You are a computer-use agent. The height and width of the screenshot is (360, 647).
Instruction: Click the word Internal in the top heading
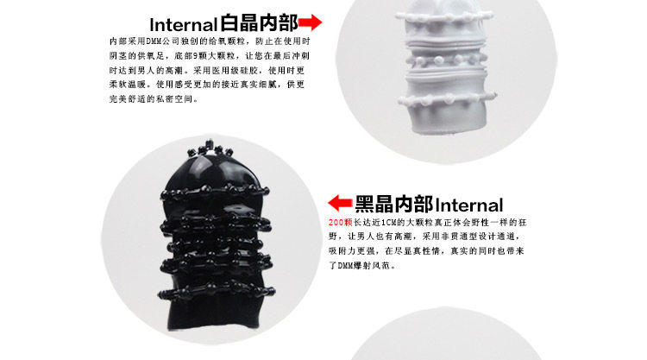[183, 25]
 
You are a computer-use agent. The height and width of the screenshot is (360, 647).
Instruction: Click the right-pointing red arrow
[310, 22]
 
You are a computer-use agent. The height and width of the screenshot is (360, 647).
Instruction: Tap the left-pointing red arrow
[340, 203]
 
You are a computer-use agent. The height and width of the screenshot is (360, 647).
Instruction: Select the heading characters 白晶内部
[259, 22]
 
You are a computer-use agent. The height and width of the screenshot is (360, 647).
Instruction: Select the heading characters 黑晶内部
[393, 204]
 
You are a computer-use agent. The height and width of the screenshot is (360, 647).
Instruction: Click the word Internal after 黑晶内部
[468, 205]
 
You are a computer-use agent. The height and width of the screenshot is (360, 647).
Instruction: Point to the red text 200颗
[341, 223]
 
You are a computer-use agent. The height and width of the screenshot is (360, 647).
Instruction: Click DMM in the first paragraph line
[154, 41]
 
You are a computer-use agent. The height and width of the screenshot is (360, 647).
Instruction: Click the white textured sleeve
[446, 66]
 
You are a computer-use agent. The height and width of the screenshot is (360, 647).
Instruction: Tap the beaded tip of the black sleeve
[210, 149]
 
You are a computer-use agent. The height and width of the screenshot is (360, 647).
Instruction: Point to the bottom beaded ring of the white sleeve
[447, 99]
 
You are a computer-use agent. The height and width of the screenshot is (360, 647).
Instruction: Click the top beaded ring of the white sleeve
[444, 17]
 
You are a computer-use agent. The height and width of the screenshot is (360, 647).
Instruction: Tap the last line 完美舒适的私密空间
[154, 99]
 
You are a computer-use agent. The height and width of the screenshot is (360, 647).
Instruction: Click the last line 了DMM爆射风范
[362, 265]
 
